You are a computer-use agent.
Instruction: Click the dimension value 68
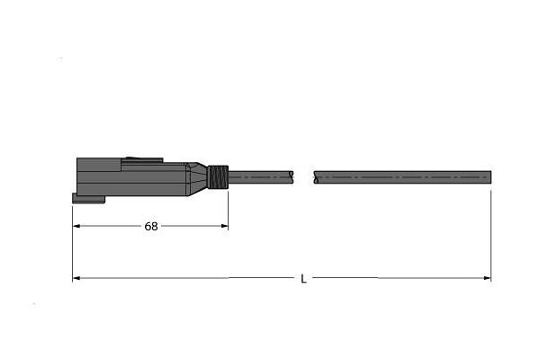click(x=151, y=226)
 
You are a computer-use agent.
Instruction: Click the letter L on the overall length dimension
click(x=303, y=279)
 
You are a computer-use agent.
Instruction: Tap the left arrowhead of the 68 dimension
click(x=76, y=226)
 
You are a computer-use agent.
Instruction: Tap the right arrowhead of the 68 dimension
click(x=224, y=226)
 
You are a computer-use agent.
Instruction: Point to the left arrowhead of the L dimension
click(x=76, y=278)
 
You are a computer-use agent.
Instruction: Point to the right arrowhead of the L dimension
click(x=487, y=278)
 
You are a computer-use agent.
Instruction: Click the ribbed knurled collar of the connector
click(x=218, y=177)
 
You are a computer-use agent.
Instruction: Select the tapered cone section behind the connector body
click(x=197, y=179)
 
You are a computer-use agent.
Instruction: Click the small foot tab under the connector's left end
click(x=88, y=198)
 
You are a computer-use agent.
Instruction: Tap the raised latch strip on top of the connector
click(x=142, y=160)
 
